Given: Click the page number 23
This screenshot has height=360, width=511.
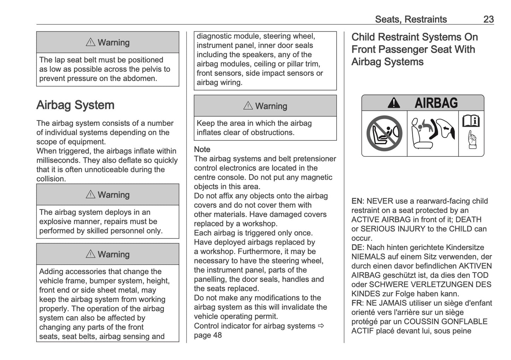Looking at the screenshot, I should (488, 19).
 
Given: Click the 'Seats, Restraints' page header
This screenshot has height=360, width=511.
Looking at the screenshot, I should (411, 19).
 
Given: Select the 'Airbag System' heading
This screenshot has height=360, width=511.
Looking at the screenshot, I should (75, 105).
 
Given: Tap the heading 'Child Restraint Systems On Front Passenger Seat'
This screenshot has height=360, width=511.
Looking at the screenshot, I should (414, 49).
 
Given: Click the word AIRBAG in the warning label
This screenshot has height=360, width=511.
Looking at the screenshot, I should (436, 103).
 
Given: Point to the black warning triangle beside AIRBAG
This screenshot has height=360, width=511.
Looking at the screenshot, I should (394, 103).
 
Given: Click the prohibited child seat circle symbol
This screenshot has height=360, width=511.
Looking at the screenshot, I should (384, 133).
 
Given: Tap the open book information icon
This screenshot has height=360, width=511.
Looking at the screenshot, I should (471, 121).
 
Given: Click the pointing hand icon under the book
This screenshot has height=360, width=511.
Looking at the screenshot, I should (471, 140).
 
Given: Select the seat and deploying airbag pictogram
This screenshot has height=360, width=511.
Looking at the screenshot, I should (432, 133).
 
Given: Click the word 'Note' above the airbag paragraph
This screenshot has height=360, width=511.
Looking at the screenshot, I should (202, 150).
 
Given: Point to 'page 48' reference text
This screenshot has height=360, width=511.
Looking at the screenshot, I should (208, 335).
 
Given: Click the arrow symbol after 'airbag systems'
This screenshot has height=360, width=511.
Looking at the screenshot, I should (321, 326).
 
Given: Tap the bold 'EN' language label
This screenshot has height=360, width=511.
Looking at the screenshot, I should (356, 201).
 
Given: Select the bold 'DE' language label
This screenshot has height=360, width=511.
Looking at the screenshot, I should (356, 248).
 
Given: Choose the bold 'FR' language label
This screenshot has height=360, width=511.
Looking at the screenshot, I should (356, 303).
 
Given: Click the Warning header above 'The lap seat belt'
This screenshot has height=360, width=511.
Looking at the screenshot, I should (108, 42).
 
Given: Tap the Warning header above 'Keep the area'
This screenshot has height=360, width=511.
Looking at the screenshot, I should (265, 106).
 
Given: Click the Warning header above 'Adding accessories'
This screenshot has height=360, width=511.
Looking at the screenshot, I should (108, 254).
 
